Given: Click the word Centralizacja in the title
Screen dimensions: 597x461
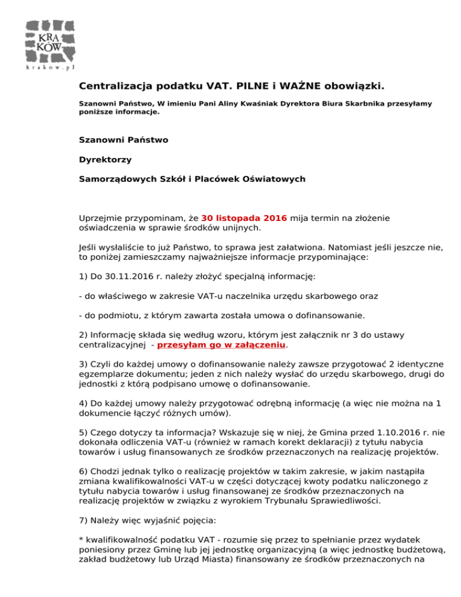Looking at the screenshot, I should click(113, 88).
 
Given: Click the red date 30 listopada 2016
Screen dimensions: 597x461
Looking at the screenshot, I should click(244, 217).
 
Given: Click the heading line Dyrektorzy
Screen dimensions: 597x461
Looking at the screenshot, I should click(104, 160).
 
